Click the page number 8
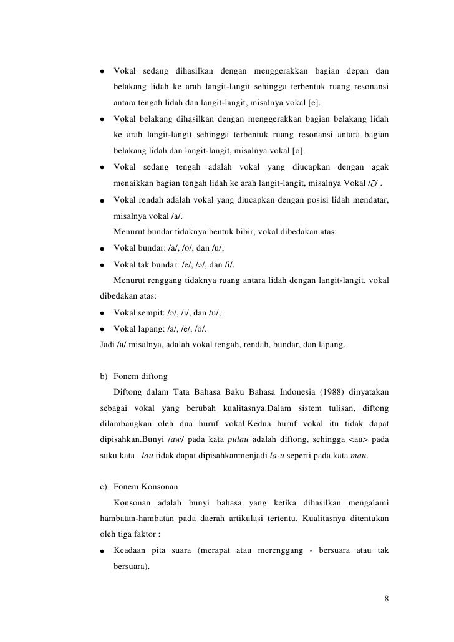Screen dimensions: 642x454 387,600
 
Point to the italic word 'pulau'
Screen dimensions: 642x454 234,439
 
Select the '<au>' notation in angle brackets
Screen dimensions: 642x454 345,439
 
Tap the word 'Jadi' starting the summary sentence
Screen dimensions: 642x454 108,344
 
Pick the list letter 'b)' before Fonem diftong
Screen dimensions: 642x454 104,375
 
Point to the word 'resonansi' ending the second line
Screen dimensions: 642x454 370,86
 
